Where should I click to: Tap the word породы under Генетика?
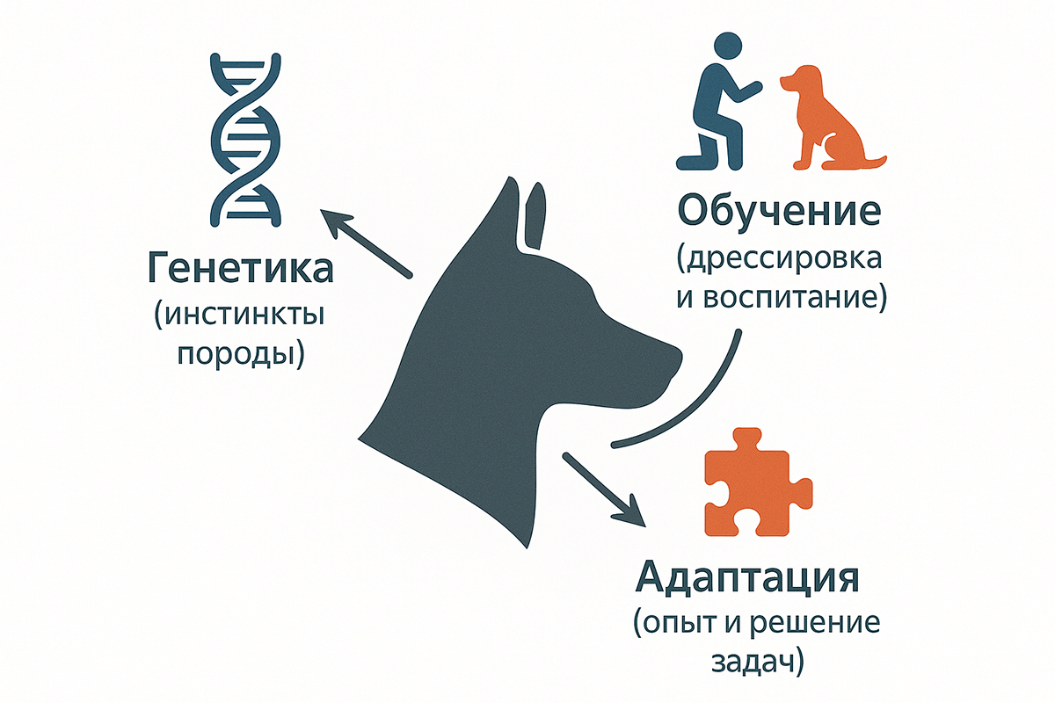239,355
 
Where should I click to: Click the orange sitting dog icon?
830,119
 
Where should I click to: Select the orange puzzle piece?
759,492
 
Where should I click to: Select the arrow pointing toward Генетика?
365,243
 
